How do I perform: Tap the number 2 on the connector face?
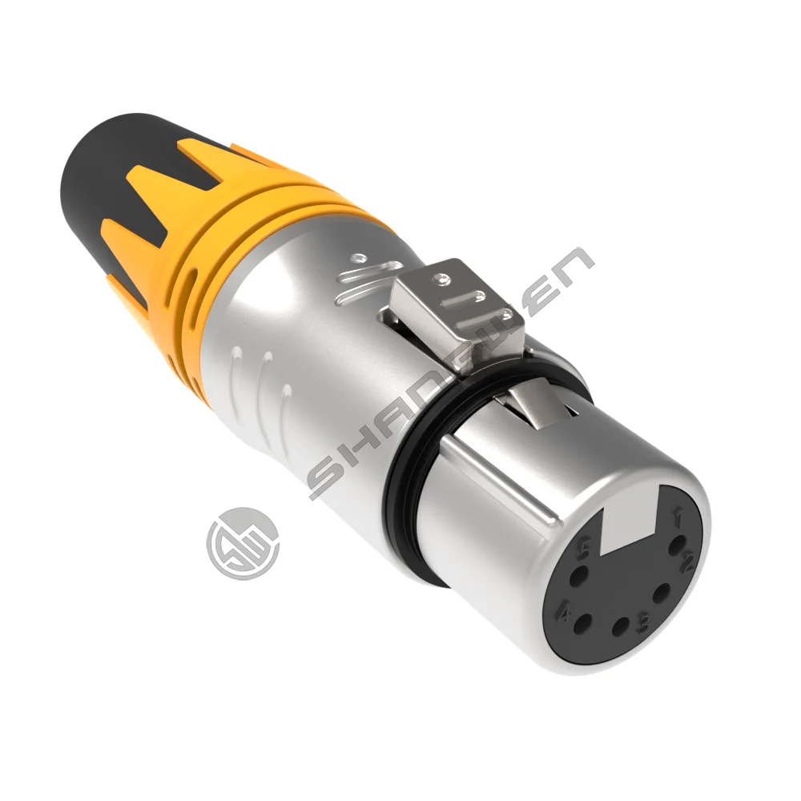point(686,562)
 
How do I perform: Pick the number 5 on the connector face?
point(583,547)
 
